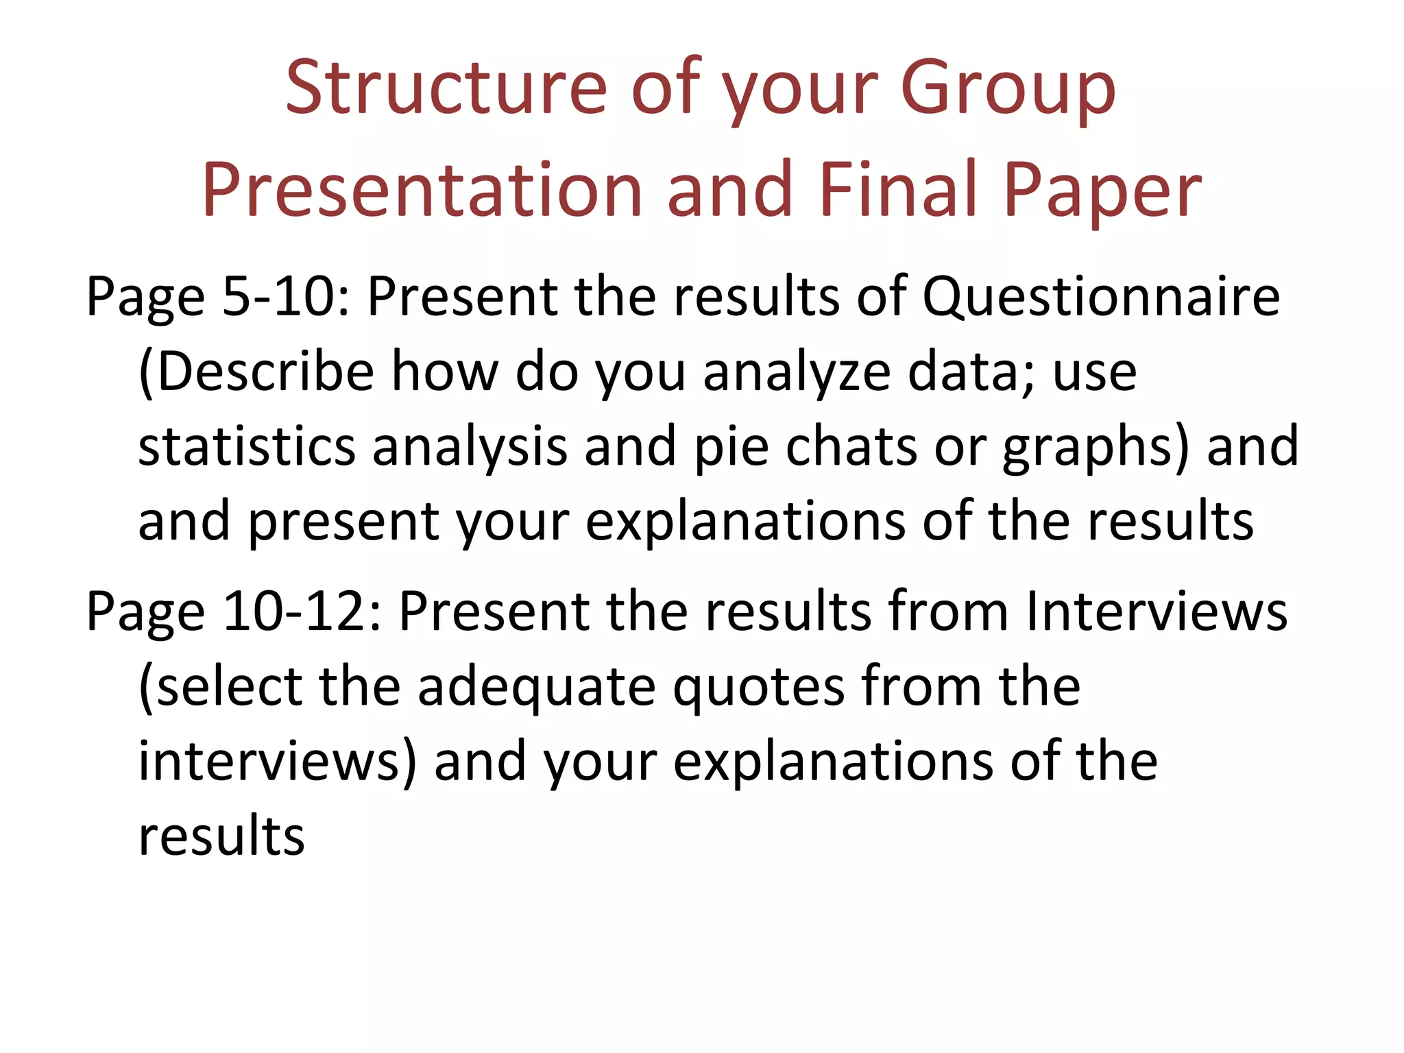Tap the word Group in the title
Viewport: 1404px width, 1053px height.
(1008, 89)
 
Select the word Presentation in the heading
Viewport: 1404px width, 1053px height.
(422, 190)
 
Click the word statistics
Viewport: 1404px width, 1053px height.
(247, 447)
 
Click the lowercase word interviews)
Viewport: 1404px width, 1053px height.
(278, 762)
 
